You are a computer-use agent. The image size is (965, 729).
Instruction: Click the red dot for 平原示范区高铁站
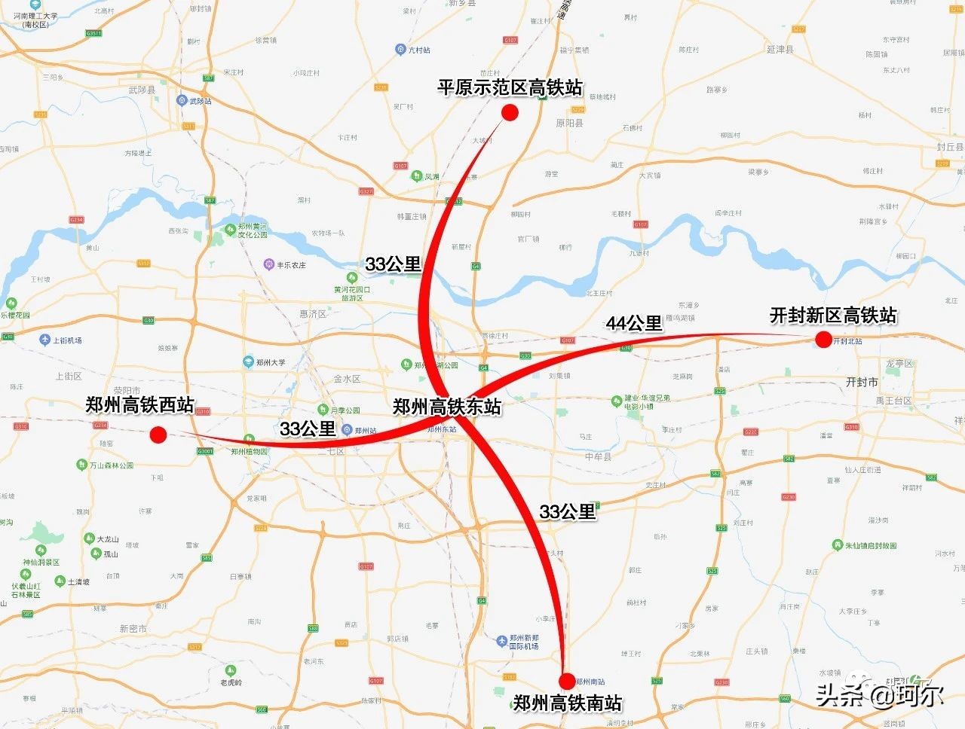[510, 113]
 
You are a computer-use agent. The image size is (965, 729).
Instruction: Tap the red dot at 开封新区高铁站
[823, 340]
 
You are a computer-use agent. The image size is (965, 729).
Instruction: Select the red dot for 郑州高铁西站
[158, 435]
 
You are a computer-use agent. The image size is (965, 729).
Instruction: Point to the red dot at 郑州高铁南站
[567, 681]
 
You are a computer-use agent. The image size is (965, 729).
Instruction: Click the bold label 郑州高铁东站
[447, 407]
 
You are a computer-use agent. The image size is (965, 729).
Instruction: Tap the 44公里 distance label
[634, 323]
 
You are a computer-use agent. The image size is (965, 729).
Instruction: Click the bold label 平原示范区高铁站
[510, 88]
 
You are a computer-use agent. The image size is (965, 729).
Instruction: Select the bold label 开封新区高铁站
[833, 316]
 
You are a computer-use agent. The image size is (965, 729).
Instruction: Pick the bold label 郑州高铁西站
[139, 405]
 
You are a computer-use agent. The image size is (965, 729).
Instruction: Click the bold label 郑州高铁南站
[568, 703]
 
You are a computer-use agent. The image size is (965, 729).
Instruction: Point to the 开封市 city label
[862, 382]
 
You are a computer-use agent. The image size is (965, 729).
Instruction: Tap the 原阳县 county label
[569, 123]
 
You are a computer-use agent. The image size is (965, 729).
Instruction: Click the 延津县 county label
[780, 50]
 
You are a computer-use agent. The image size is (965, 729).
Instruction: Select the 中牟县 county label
[598, 456]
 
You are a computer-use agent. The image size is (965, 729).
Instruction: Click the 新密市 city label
[133, 628]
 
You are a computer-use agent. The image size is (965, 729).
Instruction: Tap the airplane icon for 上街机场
[44, 340]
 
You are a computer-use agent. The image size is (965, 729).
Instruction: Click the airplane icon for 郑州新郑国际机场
[502, 641]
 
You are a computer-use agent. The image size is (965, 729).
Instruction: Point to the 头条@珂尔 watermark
[879, 694]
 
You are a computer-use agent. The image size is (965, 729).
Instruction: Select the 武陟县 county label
[142, 90]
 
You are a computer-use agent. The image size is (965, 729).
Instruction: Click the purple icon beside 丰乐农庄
[268, 264]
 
